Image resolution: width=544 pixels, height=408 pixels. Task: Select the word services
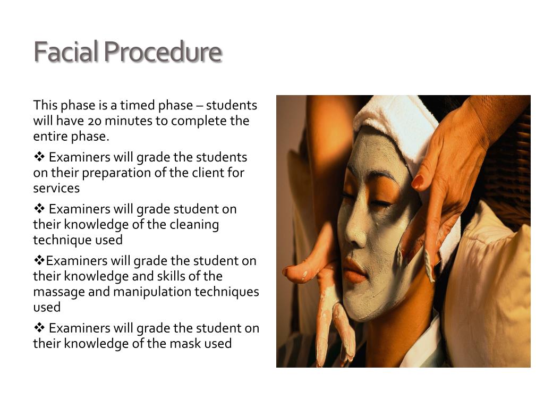56,189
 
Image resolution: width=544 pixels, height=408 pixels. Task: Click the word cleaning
194,225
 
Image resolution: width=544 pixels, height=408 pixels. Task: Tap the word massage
55,292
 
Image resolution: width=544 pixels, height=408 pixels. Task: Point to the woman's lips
353,268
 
